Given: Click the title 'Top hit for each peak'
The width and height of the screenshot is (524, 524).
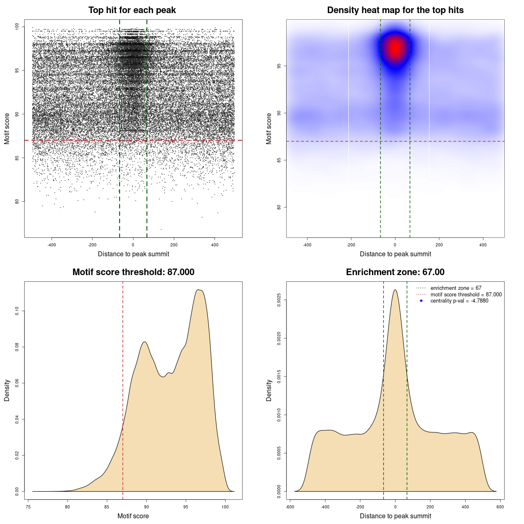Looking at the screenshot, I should click(x=132, y=10).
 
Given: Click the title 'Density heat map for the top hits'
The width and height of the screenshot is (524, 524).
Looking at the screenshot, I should click(x=395, y=10).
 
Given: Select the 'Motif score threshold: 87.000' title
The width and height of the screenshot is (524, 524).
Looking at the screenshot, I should click(x=133, y=272).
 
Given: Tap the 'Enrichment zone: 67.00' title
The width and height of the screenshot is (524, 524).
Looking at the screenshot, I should click(x=395, y=272).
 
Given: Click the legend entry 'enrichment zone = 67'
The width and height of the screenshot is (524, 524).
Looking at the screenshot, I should click(x=456, y=288).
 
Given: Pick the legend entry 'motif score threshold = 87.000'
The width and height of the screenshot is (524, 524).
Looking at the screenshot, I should click(x=466, y=294).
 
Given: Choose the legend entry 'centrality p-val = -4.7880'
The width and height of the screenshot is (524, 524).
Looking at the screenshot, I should click(x=459, y=301).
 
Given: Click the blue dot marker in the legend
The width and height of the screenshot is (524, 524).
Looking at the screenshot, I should click(x=421, y=301).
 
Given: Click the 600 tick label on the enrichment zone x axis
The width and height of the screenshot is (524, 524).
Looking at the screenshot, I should click(x=500, y=507).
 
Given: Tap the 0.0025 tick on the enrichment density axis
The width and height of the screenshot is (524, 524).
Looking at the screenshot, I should click(x=279, y=300).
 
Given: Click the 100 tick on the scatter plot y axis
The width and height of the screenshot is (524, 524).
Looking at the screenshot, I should click(x=17, y=27).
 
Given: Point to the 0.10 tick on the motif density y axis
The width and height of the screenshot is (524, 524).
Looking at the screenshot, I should click(x=17, y=311).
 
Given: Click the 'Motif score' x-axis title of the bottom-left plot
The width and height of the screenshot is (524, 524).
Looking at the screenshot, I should click(x=133, y=516).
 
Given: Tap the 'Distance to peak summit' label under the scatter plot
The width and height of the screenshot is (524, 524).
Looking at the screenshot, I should click(x=133, y=254).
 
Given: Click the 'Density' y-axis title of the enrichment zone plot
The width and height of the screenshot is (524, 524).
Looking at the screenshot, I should click(x=269, y=390).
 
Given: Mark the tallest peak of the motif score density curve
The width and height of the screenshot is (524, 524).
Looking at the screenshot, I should click(x=199, y=290).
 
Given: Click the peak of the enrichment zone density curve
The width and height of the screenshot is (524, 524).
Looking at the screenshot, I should click(x=395, y=290).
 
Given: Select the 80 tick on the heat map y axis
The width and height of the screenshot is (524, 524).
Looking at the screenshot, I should click(x=279, y=207).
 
